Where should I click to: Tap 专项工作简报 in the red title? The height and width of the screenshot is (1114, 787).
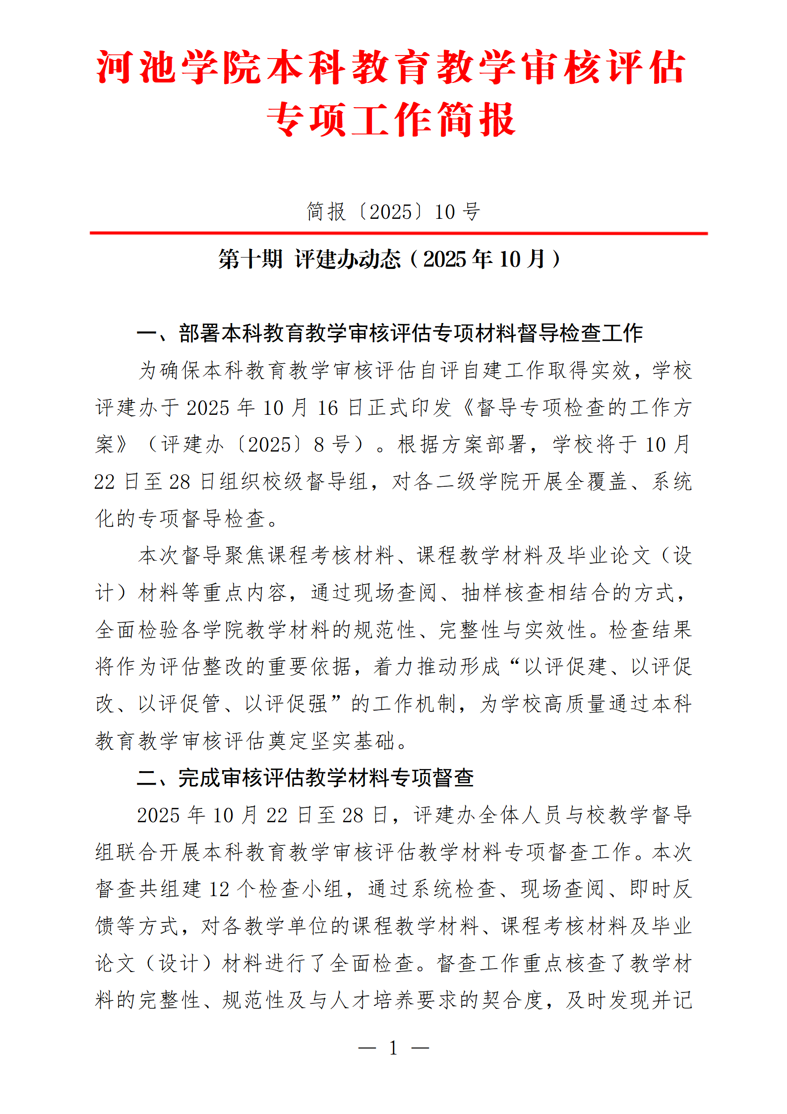(x=392, y=120)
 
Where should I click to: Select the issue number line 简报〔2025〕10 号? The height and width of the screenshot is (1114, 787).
(x=393, y=212)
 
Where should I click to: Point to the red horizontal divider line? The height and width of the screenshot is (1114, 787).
(x=398, y=233)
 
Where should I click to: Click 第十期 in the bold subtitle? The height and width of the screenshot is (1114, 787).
(x=250, y=259)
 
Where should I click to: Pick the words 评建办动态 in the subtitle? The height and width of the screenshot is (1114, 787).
(x=348, y=259)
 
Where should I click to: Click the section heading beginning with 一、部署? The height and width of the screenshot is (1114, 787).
(x=390, y=333)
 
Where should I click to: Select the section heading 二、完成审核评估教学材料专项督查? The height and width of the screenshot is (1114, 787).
(x=305, y=778)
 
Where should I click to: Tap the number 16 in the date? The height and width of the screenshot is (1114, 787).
(x=327, y=408)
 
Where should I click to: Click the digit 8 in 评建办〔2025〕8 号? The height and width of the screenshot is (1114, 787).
(x=319, y=445)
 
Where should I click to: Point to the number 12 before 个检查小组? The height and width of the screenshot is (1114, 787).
(x=219, y=889)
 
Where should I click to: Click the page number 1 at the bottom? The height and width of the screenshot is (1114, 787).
(x=393, y=1048)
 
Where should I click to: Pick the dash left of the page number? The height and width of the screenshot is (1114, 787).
(x=367, y=1048)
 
